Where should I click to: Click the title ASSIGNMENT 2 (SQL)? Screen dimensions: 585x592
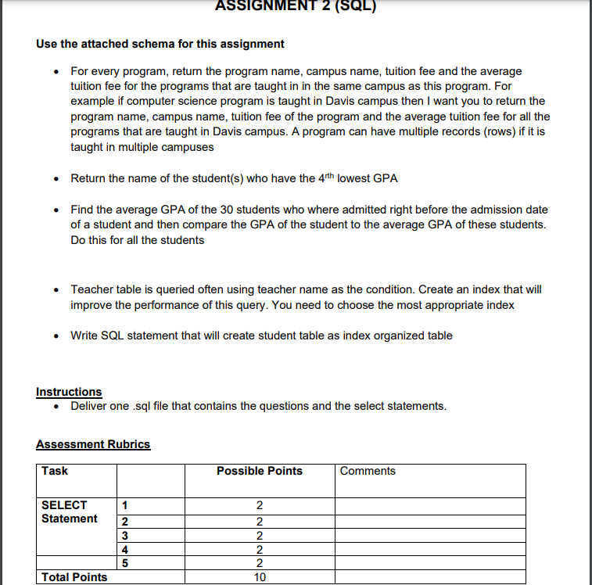296,7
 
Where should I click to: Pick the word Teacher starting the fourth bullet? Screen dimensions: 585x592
91,289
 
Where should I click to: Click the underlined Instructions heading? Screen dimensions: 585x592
69,392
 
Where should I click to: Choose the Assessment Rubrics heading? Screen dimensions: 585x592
93,444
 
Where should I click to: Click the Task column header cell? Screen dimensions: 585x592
55,471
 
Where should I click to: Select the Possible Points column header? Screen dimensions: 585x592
259,471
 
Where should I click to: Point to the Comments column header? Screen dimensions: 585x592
368,471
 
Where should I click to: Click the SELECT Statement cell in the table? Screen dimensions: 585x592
69,512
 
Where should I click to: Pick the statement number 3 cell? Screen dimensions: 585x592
124,536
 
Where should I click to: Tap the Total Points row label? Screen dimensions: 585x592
74,577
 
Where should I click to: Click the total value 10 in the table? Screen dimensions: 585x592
260,577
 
